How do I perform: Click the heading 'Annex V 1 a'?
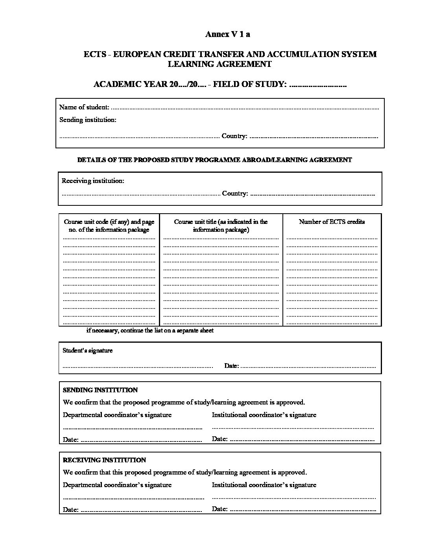point(227,34)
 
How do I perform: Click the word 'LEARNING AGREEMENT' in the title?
point(220,64)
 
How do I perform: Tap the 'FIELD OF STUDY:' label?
point(249,84)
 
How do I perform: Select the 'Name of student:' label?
point(84,107)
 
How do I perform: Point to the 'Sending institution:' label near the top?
point(88,120)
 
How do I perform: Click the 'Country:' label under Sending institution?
point(234,136)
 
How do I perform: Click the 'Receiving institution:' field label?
point(93,181)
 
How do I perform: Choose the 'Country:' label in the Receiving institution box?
point(235,194)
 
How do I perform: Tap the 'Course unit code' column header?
point(109,225)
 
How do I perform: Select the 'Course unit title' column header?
point(221,225)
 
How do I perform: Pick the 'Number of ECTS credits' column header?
point(332,222)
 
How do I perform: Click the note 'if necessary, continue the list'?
point(150,331)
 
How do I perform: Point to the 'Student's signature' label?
point(88,350)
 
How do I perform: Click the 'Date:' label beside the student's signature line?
point(231,366)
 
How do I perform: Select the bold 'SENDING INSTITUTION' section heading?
point(100,390)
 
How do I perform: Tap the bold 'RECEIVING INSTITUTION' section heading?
point(104,460)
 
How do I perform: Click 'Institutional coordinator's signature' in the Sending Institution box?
point(264,415)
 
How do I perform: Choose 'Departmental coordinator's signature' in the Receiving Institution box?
point(117,485)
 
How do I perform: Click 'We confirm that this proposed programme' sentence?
point(185,472)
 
